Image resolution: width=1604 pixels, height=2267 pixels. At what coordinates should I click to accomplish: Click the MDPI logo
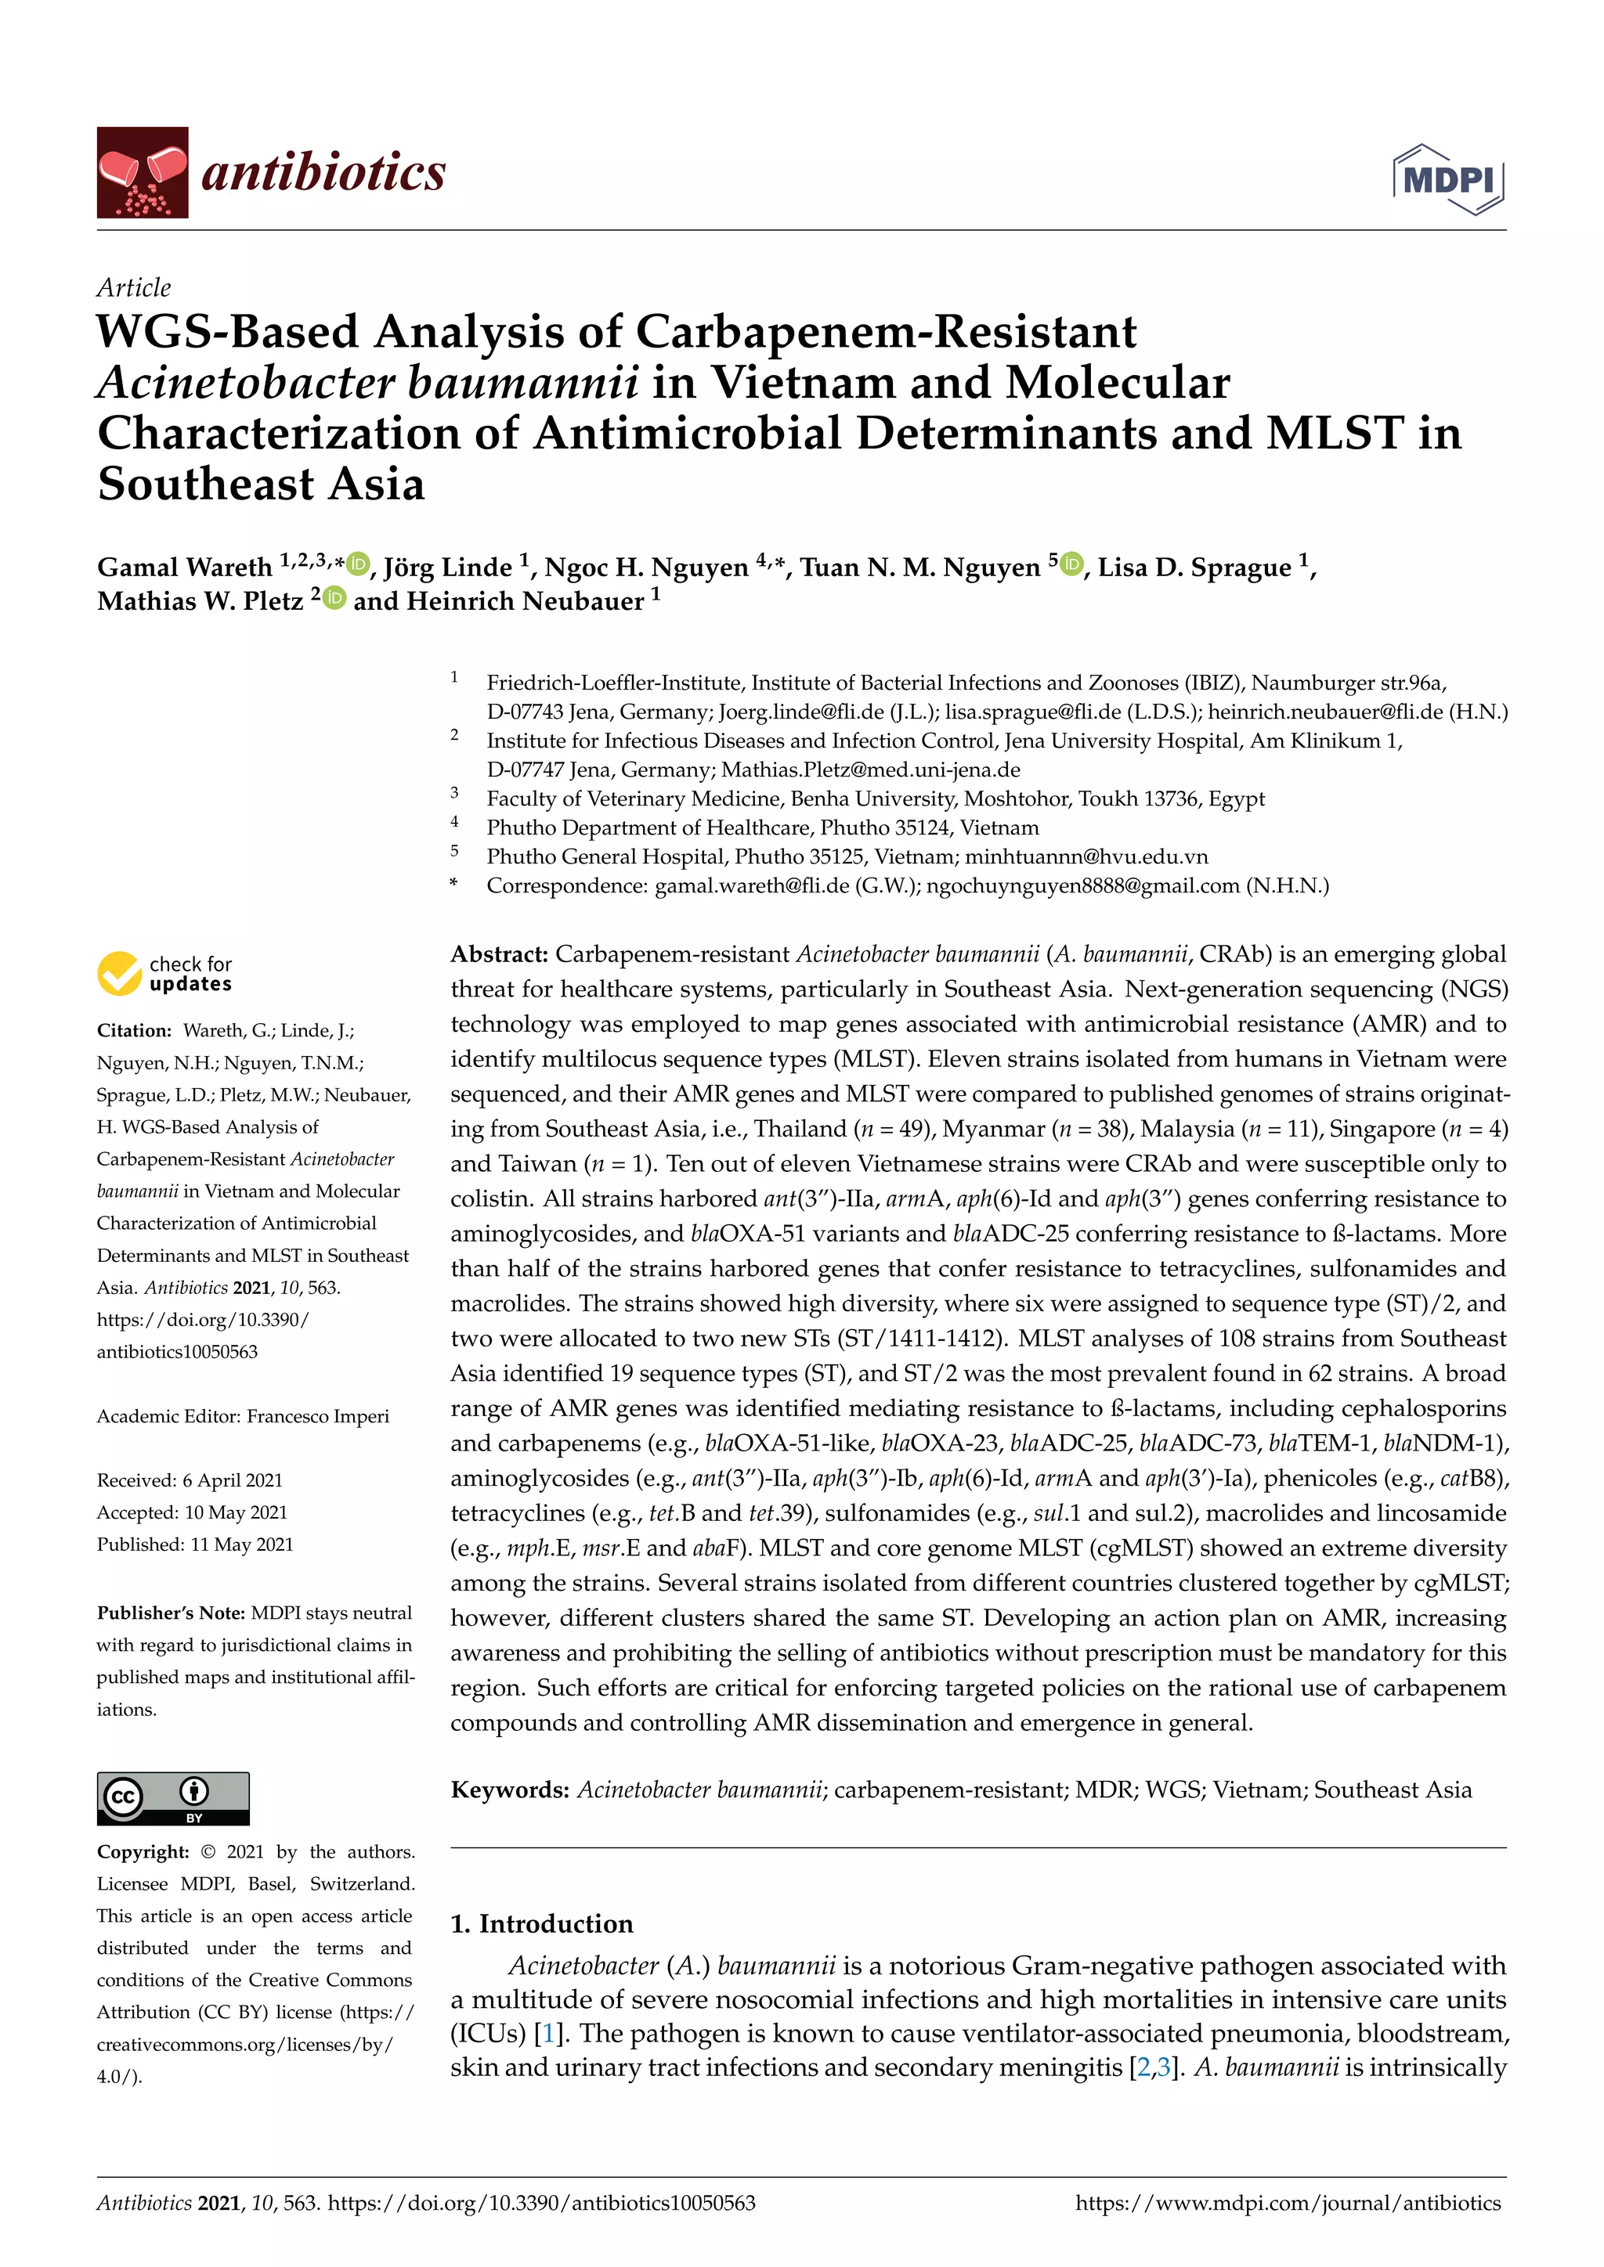click(1448, 178)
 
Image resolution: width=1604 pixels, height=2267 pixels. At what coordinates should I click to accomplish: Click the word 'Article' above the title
click(133, 287)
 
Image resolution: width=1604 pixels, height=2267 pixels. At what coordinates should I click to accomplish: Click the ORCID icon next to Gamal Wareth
click(358, 564)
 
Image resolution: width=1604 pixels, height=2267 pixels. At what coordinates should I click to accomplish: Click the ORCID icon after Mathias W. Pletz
click(335, 597)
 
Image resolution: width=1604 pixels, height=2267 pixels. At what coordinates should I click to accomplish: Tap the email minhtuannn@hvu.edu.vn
click(1086, 856)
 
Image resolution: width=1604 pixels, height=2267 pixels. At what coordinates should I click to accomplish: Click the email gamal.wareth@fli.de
click(752, 885)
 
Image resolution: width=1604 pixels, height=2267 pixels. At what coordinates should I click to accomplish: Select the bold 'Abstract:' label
click(499, 953)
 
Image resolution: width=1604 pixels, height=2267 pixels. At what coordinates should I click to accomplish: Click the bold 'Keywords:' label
click(510, 1790)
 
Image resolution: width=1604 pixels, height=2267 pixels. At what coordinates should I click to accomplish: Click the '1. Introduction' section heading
click(541, 1923)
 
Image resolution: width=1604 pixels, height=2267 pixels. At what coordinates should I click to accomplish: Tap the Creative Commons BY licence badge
click(173, 1798)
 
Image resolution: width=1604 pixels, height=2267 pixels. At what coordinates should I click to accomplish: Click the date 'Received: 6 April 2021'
click(190, 1480)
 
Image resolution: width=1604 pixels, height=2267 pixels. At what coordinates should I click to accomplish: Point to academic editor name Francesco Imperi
click(317, 1416)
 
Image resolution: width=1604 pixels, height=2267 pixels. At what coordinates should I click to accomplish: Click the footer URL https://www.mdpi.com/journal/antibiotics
click(1287, 2203)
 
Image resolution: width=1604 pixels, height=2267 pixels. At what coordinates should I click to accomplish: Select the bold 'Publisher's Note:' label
click(171, 1613)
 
